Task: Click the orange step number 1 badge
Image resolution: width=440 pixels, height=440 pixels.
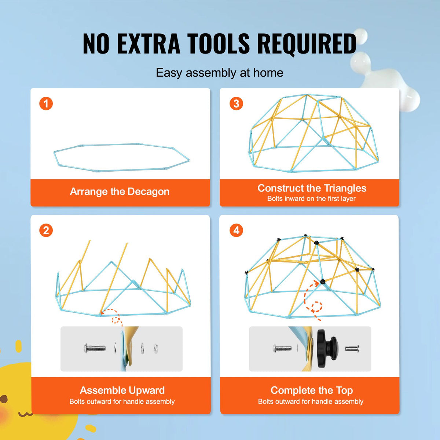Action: pos(46,104)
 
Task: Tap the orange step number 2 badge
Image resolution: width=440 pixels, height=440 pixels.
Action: pos(46,230)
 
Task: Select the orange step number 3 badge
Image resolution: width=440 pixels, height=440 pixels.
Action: pos(236,104)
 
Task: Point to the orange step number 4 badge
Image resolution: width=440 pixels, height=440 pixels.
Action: pos(236,230)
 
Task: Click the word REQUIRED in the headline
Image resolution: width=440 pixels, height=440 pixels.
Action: pos(307,44)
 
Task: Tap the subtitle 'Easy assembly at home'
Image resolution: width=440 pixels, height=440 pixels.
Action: pos(220,73)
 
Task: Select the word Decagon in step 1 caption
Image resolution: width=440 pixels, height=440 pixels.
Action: pos(148,191)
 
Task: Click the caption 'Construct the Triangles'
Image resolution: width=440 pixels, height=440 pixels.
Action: pos(312,188)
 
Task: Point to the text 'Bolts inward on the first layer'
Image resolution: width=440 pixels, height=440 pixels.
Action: pos(311,199)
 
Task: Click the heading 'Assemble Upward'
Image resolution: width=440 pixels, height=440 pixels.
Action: pos(122,390)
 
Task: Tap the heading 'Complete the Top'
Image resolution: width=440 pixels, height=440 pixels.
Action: pos(312,390)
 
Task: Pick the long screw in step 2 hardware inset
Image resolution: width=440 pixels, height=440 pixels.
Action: pos(95,348)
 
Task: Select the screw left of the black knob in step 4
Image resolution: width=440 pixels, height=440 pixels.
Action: pos(282,348)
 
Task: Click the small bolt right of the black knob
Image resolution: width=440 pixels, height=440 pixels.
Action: pos(352,349)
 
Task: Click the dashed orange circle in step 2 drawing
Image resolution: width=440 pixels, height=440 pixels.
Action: pos(115,320)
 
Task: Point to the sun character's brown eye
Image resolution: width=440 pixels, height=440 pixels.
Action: pos(3,399)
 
